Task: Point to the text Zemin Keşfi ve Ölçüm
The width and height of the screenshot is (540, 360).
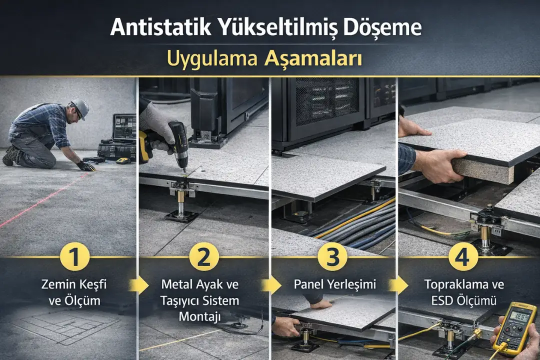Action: coord(74,292)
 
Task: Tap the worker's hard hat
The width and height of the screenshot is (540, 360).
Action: coord(80,107)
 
